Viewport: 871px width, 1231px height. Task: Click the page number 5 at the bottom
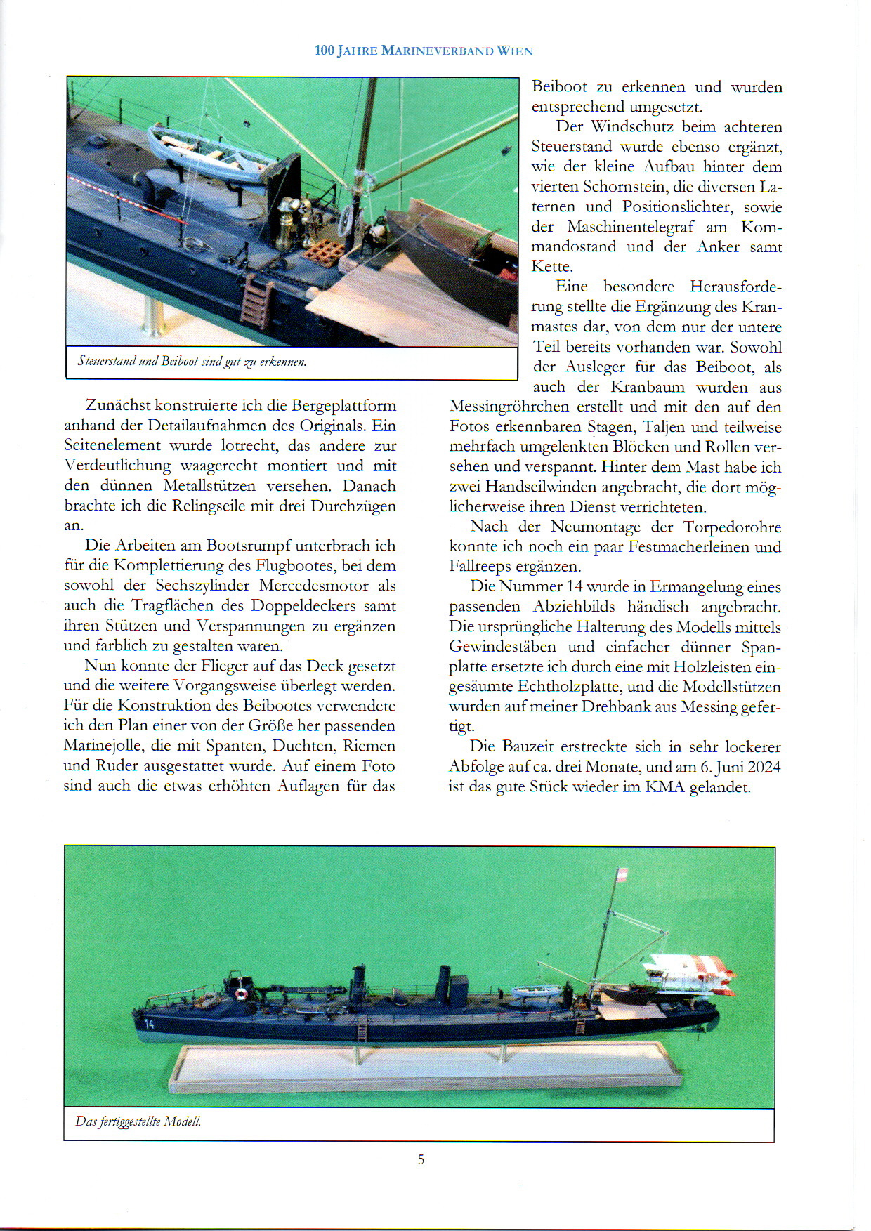click(421, 1159)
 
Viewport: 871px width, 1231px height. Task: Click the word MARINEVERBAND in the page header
click(437, 51)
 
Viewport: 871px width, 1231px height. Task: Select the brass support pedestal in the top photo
click(152, 320)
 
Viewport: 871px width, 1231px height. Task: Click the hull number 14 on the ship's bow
click(149, 1025)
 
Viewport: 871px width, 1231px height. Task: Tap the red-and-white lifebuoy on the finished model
click(241, 994)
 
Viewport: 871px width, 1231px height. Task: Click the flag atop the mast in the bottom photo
click(621, 875)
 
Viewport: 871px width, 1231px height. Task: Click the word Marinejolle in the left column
click(103, 746)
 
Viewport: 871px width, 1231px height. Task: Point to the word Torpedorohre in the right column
click(732, 527)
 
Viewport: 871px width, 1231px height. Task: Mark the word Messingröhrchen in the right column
click(509, 407)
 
